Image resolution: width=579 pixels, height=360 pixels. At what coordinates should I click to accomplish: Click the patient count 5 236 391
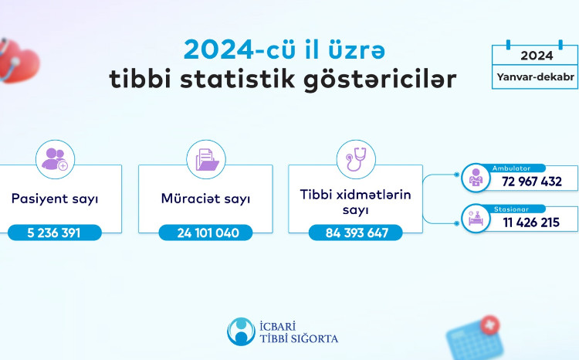pos(55,232)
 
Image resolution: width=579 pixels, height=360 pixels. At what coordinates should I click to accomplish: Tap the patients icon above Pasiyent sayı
pos(55,159)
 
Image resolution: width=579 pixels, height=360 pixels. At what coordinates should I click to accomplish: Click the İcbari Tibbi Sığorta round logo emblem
pos(242,331)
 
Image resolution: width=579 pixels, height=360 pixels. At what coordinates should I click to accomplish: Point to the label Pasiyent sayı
pos(55,199)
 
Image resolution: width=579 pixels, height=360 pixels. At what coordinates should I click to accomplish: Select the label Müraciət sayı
pos(205,199)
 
